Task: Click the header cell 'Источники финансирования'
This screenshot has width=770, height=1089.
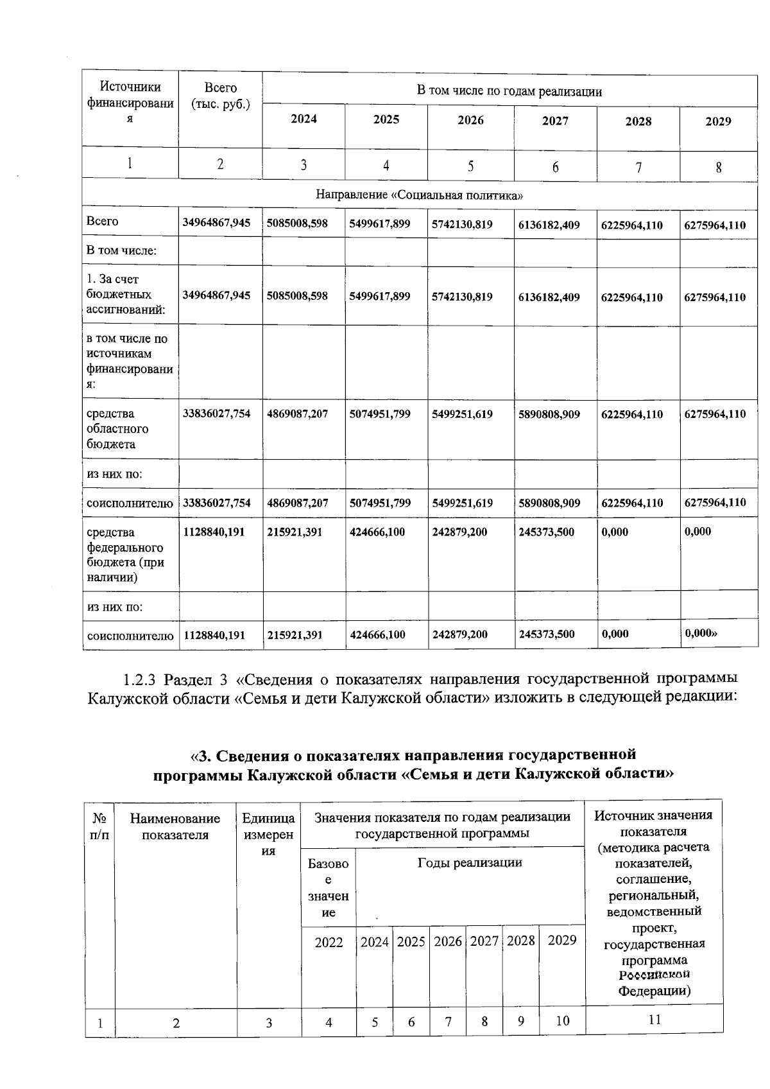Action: (x=130, y=103)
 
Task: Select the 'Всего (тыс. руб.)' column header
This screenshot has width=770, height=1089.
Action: (x=220, y=96)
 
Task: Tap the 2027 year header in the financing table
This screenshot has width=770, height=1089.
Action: (x=555, y=121)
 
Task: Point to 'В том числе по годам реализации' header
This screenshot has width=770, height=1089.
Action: (x=509, y=91)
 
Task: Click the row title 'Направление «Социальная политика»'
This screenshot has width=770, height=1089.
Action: (x=419, y=196)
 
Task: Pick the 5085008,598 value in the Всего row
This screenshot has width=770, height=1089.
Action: (x=297, y=223)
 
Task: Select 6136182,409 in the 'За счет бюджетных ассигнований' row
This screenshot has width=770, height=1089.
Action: (x=549, y=297)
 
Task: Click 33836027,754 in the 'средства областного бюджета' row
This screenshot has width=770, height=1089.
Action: (x=217, y=414)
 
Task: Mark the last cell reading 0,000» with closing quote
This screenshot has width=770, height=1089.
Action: (x=701, y=632)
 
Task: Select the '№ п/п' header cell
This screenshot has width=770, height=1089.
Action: (x=99, y=826)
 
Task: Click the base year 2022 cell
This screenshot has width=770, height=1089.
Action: (x=329, y=942)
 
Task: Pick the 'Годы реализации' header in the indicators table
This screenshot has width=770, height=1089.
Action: (x=470, y=862)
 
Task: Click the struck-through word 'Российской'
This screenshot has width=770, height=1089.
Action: (x=654, y=975)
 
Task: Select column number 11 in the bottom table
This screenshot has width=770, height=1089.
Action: (x=654, y=1019)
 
